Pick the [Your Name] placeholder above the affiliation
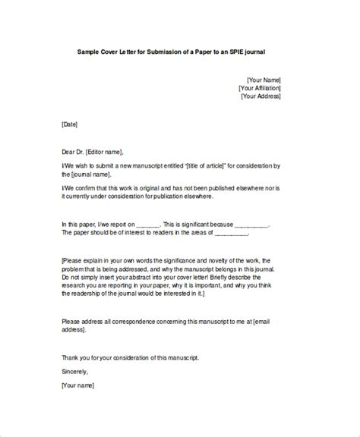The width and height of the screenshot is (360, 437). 263,77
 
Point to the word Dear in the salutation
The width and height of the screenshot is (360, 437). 70,152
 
